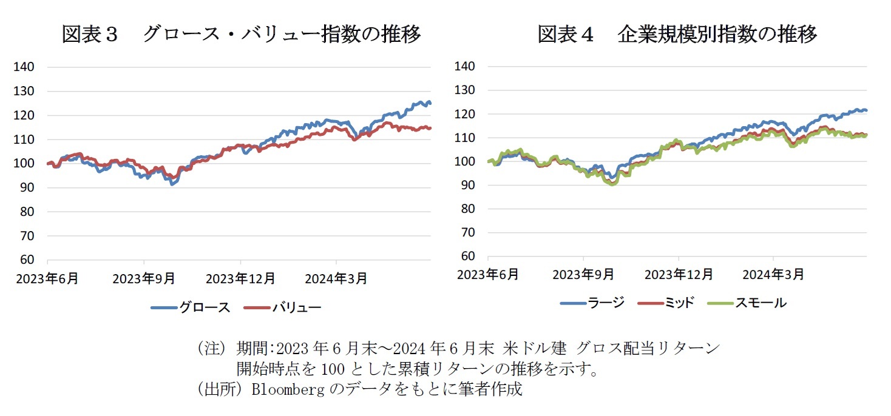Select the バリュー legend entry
[x=283, y=307]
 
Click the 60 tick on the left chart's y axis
[x=26, y=260]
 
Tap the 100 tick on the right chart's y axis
[x=466, y=161]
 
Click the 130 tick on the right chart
[x=466, y=90]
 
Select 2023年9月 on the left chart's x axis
[x=144, y=278]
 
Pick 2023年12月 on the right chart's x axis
[x=679, y=274]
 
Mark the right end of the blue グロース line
[x=430, y=103]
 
